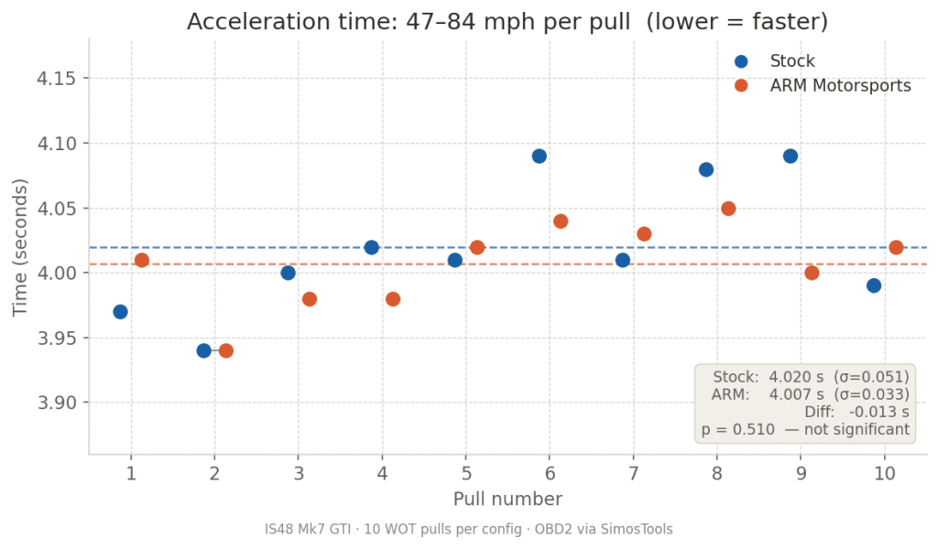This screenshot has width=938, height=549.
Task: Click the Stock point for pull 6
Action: coord(539,156)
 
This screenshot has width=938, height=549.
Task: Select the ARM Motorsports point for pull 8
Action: coord(728,208)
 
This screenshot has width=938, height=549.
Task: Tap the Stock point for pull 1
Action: coord(120,311)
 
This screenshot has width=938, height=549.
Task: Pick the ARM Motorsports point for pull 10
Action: coord(896,247)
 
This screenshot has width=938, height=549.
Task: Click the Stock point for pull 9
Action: coord(790,156)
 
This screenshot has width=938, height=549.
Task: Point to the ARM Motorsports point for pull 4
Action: coord(393,298)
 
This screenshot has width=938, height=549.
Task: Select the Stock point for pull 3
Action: coord(288,273)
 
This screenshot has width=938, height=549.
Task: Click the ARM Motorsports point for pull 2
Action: coord(225,350)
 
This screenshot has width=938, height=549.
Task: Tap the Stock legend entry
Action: coord(791,61)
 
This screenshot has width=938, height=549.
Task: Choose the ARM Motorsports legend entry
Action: coord(840,85)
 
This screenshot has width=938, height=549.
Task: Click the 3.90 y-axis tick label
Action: coord(57,404)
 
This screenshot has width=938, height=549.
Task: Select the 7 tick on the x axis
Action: coord(633,473)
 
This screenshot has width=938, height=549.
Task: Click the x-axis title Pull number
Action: coord(507,499)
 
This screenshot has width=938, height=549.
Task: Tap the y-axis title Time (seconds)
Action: coord(20,247)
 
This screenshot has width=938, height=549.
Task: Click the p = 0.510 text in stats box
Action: coord(737,428)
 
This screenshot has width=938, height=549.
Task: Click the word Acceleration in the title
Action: coord(243,22)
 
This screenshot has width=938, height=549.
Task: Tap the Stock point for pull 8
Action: coord(705,169)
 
